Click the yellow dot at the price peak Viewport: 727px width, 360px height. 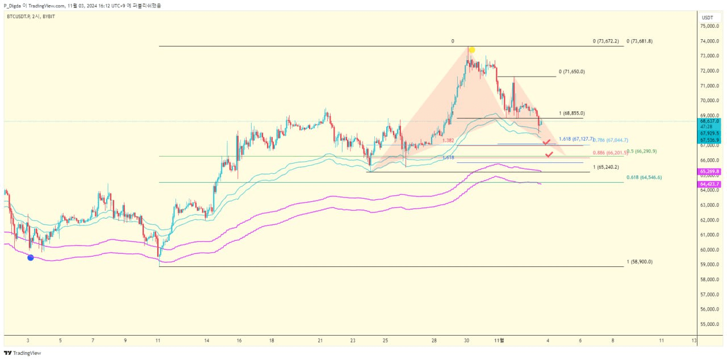[x=471, y=50]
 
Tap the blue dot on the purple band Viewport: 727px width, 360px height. [x=31, y=257]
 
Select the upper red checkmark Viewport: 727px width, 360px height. [x=546, y=141]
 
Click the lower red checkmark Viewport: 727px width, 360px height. [x=549, y=154]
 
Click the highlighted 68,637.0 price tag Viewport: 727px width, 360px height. [x=710, y=121]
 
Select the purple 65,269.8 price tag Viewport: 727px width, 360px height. [x=710, y=171]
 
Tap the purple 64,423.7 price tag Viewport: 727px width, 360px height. [x=710, y=184]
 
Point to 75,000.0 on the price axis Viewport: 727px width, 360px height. [x=711, y=26]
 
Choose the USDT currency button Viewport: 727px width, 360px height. [x=708, y=17]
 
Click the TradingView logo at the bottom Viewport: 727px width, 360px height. [x=23, y=353]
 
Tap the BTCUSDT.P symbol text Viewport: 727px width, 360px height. [x=19, y=16]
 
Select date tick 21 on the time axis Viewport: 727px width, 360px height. [x=321, y=340]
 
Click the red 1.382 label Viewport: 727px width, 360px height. [x=448, y=140]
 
